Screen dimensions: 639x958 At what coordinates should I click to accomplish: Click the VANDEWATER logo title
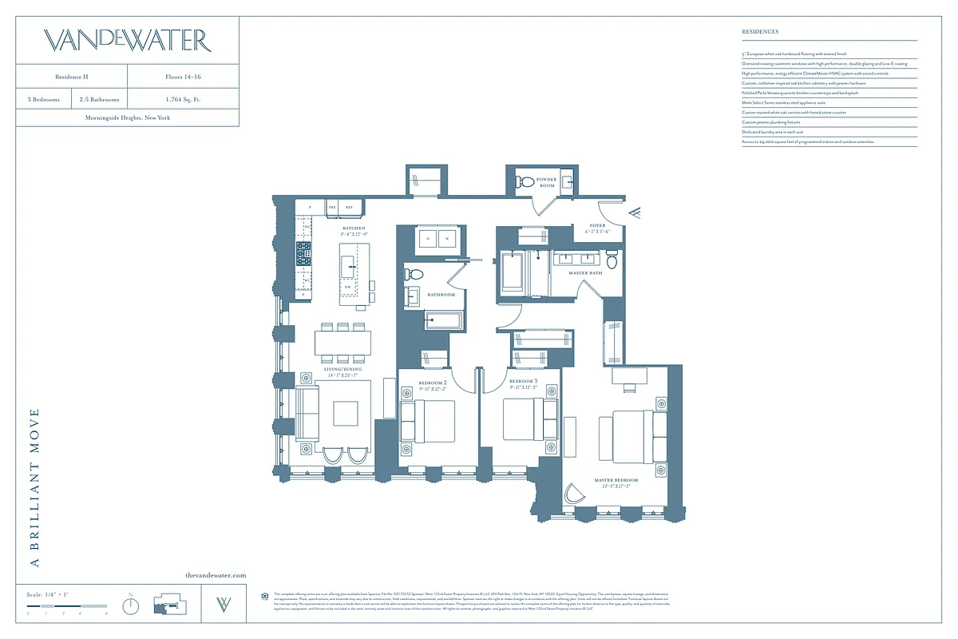(127, 40)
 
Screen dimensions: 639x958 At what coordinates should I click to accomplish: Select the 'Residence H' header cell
(72, 77)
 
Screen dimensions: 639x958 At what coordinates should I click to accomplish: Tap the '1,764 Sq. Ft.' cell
(183, 100)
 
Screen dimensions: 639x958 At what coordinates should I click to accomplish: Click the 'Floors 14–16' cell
(183, 77)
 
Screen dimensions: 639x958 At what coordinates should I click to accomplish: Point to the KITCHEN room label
(354, 231)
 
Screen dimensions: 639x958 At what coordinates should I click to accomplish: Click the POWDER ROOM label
(547, 182)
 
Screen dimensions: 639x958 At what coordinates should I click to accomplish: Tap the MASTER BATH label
(585, 273)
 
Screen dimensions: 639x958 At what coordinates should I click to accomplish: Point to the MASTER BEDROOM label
(616, 483)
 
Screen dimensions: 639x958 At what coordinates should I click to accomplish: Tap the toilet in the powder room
(525, 182)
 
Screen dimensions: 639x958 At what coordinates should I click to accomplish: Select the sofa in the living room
(307, 414)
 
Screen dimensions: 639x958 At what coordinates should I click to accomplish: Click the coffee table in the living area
(346, 414)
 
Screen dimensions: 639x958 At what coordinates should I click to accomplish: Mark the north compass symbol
(131, 605)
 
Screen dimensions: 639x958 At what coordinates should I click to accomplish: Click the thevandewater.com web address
(216, 575)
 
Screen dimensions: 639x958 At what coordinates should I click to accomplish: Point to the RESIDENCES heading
(760, 32)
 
